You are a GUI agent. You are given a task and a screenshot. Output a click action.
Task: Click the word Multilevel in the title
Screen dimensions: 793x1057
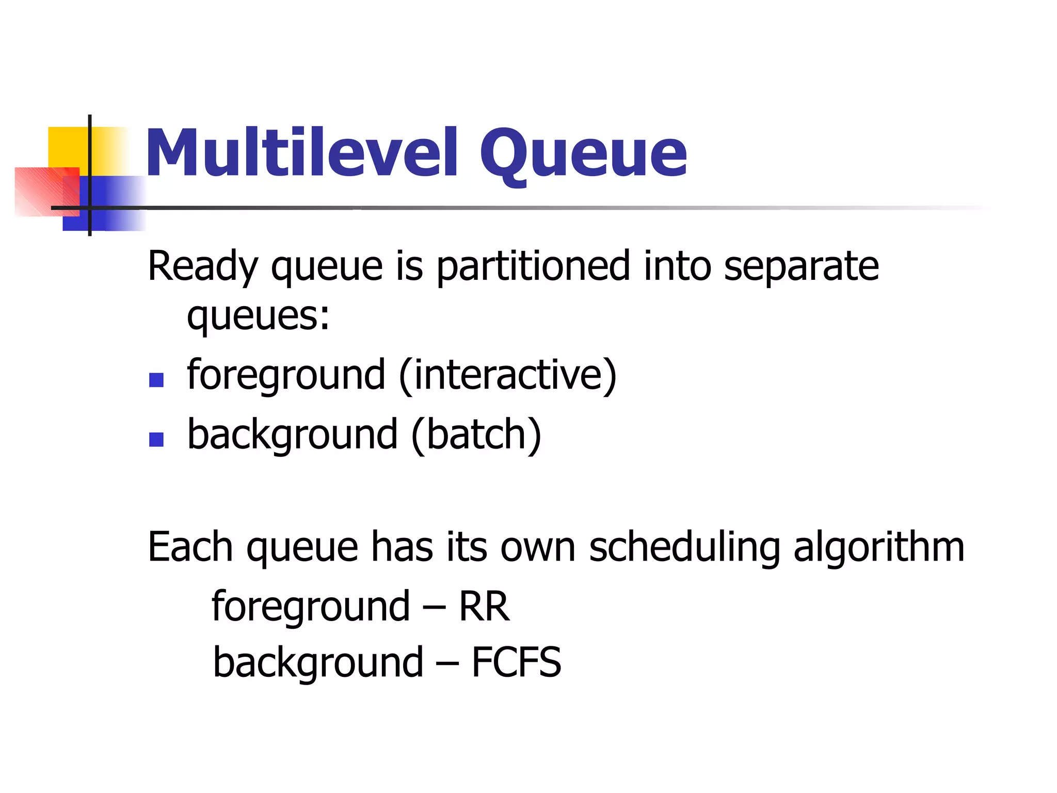tap(302, 153)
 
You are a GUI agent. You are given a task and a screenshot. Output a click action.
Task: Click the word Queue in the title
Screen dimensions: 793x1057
tap(583, 154)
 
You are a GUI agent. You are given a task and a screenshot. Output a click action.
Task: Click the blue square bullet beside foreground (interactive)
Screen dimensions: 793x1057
tap(156, 380)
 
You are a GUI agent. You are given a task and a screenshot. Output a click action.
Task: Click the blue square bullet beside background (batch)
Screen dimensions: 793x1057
tap(156, 439)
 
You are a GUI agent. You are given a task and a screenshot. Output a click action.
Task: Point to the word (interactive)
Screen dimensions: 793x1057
tap(508, 375)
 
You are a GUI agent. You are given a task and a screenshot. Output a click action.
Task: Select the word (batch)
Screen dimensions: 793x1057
tap(476, 435)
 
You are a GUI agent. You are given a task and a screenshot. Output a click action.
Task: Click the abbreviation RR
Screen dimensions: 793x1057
tap(484, 607)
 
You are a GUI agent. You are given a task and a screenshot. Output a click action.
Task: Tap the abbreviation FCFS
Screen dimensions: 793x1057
tap(516, 662)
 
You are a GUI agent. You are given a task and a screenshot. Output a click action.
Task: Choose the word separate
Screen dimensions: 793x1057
tap(801, 267)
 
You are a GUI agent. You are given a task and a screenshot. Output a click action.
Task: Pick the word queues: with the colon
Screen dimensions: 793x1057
tap(258, 316)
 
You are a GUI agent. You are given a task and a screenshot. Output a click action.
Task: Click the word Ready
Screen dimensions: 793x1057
tap(202, 267)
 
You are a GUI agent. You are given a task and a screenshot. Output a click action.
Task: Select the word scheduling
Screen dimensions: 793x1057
tap(684, 547)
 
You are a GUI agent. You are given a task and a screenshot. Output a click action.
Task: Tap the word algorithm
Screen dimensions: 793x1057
tap(878, 547)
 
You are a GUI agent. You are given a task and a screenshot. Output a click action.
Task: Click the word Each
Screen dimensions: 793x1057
tap(190, 547)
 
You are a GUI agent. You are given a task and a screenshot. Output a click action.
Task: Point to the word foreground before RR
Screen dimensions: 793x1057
tap(311, 607)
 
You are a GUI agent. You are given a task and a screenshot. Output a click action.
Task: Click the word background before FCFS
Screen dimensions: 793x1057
tap(318, 662)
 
